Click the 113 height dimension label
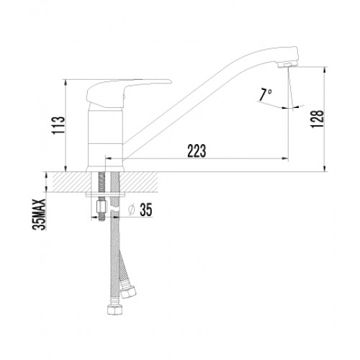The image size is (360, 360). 58,126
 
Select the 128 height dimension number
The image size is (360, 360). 318,119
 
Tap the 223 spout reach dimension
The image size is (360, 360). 197,151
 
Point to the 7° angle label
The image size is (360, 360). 265,94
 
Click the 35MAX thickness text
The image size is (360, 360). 39,215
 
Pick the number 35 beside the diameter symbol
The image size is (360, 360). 146,210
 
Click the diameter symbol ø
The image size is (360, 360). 132,210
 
